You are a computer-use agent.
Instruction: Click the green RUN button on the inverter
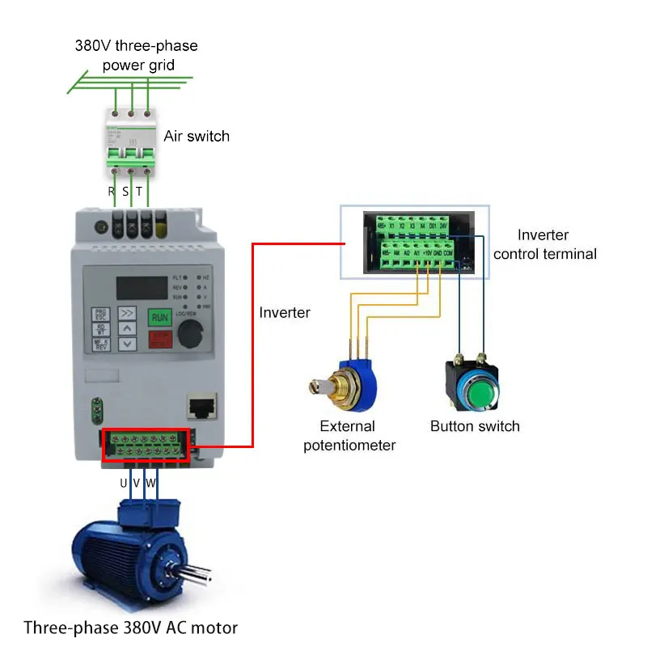pos(159,317)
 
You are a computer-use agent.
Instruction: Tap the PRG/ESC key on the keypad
pos(101,314)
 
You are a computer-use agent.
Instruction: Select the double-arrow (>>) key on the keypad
pos(128,311)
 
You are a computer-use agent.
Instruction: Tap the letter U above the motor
pos(124,483)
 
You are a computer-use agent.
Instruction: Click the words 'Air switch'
pos(197,136)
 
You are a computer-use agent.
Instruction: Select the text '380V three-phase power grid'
pos(137,55)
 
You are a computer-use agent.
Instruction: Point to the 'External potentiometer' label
pos(349,436)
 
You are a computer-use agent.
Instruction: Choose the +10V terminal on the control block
pos(426,253)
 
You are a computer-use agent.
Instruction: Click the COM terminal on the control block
pos(448,253)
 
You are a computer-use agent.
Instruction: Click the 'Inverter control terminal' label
pos(544,244)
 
